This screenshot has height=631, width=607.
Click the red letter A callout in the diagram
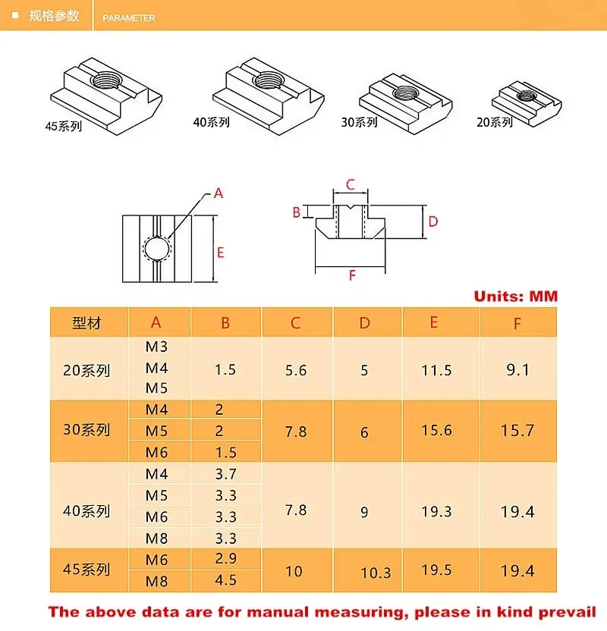(219, 193)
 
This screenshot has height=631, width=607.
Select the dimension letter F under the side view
(352, 275)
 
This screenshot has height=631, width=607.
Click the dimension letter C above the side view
(350, 184)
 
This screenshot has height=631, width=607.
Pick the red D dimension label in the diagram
(433, 221)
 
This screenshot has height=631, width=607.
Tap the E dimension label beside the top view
(221, 253)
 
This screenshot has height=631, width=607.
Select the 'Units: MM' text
(515, 296)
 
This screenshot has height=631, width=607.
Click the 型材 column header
(87, 323)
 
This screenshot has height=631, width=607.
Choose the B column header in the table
(225, 323)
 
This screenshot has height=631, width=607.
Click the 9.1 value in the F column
(517, 370)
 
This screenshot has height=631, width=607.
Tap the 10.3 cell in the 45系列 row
(376, 572)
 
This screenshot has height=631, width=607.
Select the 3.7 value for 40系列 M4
(225, 475)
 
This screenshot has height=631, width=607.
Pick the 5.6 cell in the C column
(295, 370)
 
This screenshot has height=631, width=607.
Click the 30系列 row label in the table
(87, 430)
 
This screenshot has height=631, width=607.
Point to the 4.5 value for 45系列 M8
(225, 580)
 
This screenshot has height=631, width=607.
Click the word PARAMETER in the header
(129, 17)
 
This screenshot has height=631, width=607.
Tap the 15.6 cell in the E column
(436, 430)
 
